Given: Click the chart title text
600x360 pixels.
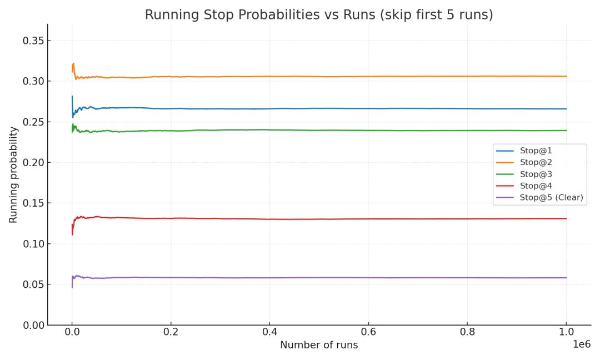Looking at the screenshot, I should pyautogui.click(x=319, y=15).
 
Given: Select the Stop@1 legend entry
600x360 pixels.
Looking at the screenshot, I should pyautogui.click(x=536, y=151).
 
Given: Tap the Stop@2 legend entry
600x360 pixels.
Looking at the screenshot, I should pyautogui.click(x=536, y=162).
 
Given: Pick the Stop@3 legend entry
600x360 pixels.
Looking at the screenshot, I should pyautogui.click(x=536, y=174).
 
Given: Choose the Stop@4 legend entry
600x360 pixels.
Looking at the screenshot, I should pyautogui.click(x=536, y=186).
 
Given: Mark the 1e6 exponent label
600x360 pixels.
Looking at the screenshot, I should pyautogui.click(x=582, y=344).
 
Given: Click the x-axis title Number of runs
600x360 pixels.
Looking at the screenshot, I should pyautogui.click(x=319, y=345).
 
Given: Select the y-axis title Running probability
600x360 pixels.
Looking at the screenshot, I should pyautogui.click(x=13, y=174).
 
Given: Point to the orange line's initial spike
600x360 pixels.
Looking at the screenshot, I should pyautogui.click(x=73, y=64).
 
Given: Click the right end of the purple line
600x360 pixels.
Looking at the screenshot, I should pyautogui.click(x=566, y=278).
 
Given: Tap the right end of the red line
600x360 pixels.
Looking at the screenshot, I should pyautogui.click(x=566, y=218).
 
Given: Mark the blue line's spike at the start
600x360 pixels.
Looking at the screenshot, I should pyautogui.click(x=72, y=97).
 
